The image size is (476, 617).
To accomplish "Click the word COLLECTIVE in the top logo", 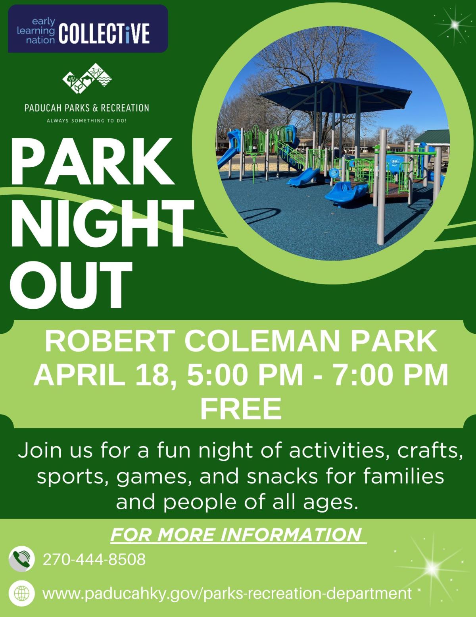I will click(x=104, y=34).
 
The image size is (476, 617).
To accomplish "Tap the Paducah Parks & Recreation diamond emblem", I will click(x=87, y=78).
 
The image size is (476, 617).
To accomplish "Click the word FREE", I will click(x=241, y=409).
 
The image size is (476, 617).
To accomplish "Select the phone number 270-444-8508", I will click(x=94, y=560).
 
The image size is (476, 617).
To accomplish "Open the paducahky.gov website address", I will click(x=226, y=594).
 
